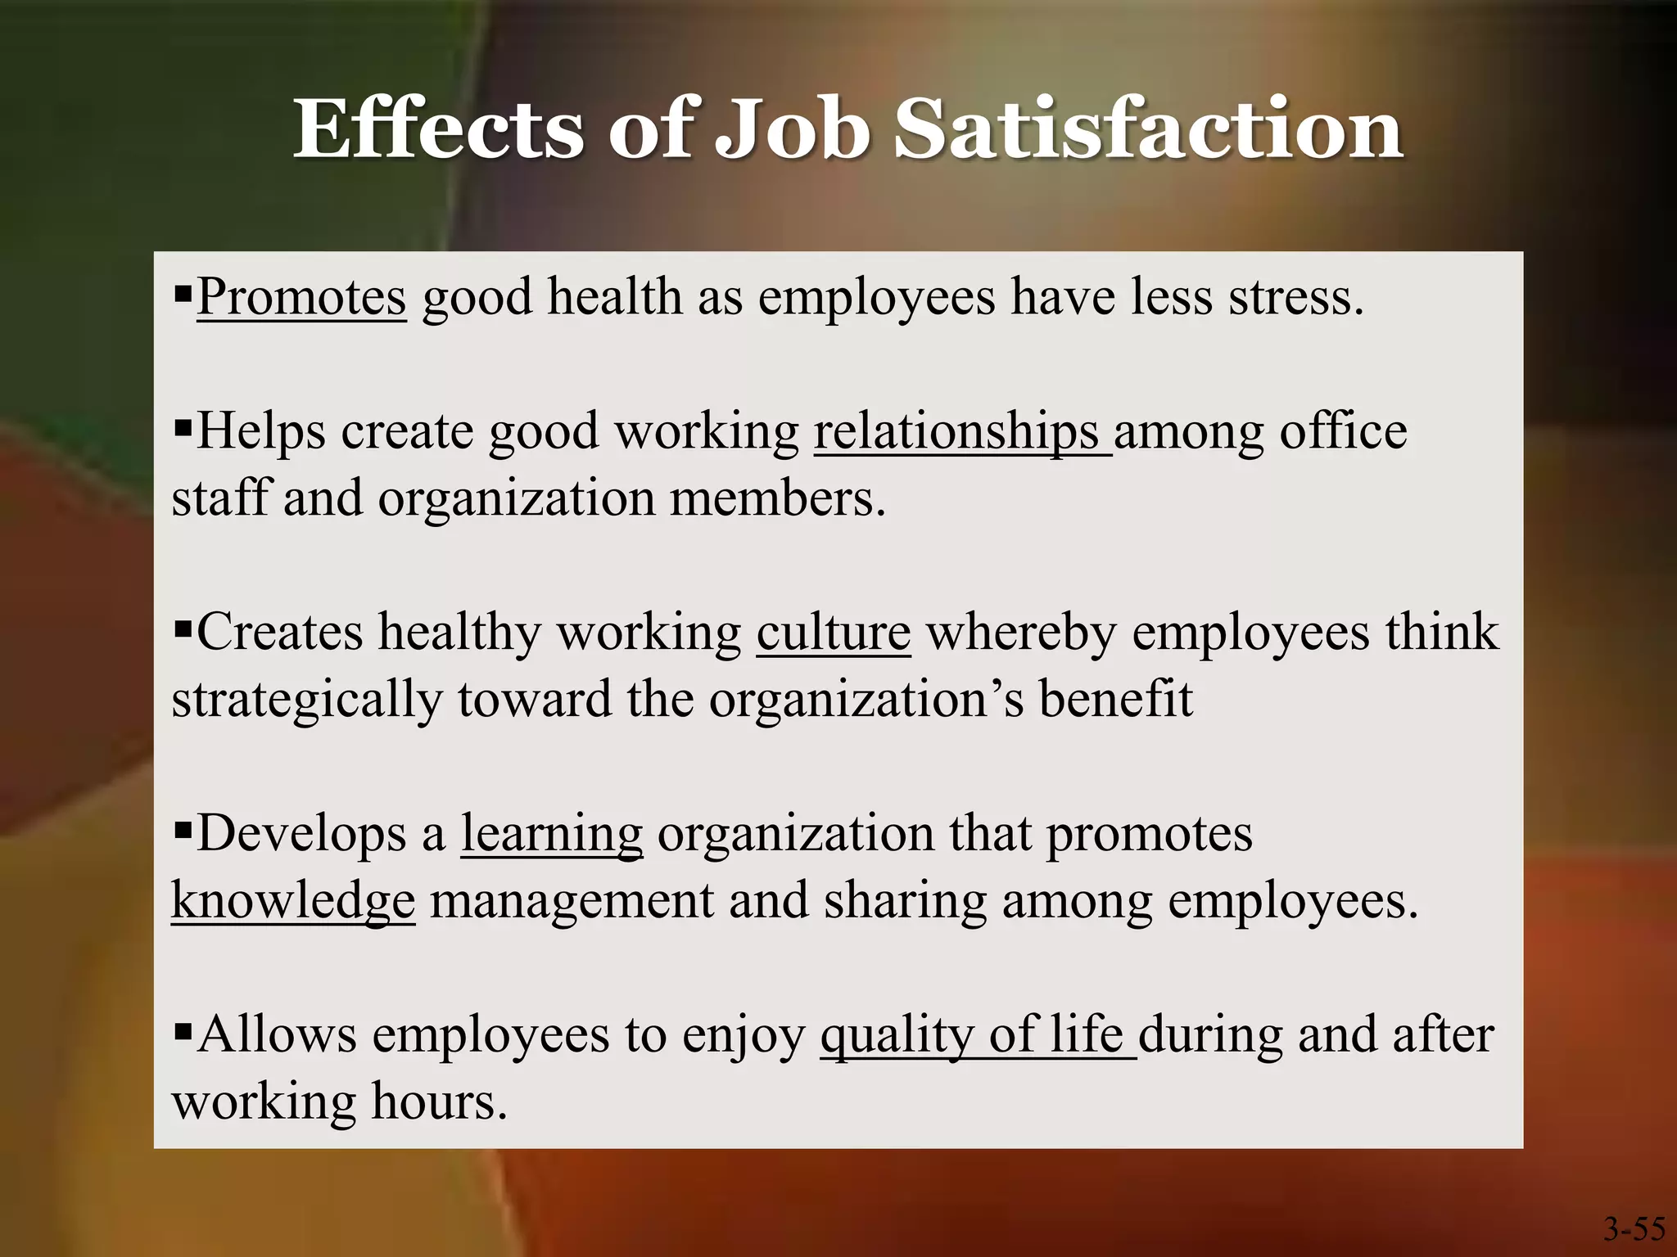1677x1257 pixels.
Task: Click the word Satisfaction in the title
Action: tap(1148, 129)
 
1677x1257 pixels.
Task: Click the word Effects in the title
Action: tap(437, 129)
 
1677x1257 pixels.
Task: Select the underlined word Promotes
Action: tap(301, 296)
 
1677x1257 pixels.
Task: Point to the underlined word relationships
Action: tap(956, 432)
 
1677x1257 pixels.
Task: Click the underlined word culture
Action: tap(833, 633)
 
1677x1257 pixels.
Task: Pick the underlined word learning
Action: tap(551, 835)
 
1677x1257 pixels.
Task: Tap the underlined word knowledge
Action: tap(293, 901)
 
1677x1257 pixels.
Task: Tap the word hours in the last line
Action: tap(439, 1102)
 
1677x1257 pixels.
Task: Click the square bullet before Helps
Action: tap(183, 426)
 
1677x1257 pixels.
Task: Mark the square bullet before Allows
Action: tap(183, 1029)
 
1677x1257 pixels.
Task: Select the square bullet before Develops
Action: tap(183, 828)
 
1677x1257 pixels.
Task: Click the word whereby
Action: tap(1020, 633)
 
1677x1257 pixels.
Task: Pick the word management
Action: tap(572, 901)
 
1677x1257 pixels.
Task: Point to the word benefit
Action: tap(1115, 700)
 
